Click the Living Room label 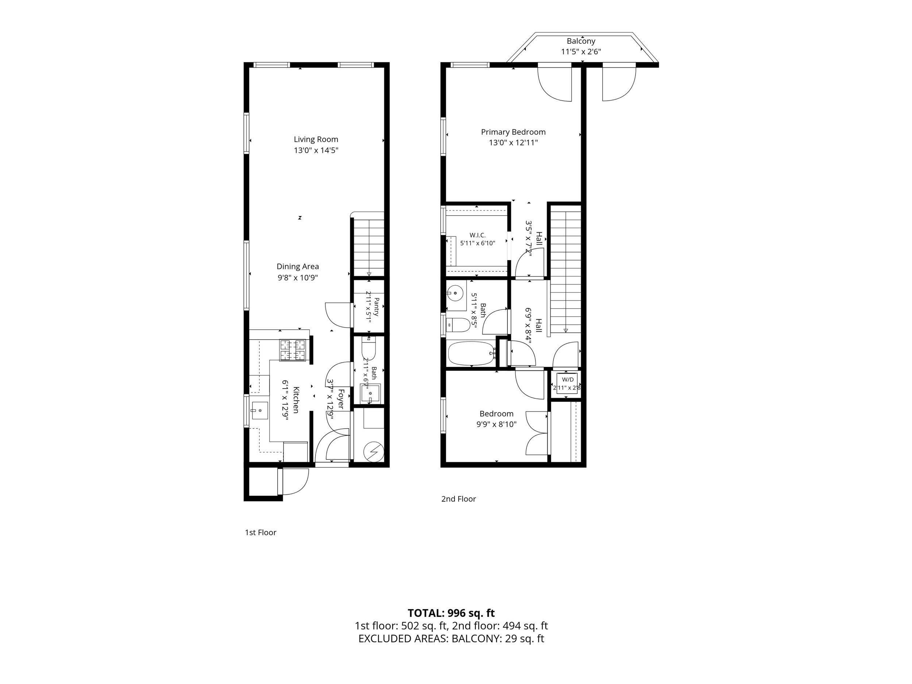[x=316, y=139]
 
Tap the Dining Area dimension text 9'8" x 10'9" [x=298, y=278]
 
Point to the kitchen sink [x=259, y=411]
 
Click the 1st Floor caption [x=260, y=532]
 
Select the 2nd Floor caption [x=459, y=499]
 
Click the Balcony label [x=581, y=41]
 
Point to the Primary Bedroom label [x=513, y=132]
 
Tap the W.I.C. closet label [x=478, y=235]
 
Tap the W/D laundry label [x=568, y=379]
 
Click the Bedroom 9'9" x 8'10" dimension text [x=496, y=424]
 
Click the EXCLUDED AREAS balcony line [x=451, y=639]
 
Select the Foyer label [x=341, y=399]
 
